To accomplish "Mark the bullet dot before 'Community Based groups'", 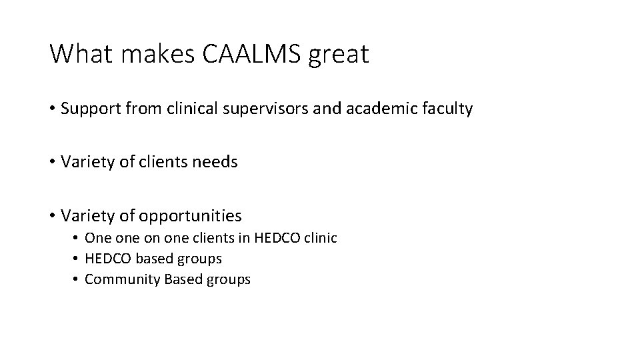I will point(77,279).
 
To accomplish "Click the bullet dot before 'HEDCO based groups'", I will point(77,259).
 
